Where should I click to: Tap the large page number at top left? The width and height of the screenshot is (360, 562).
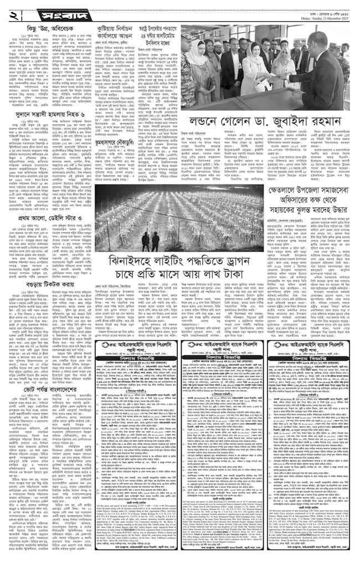(x=15, y=12)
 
